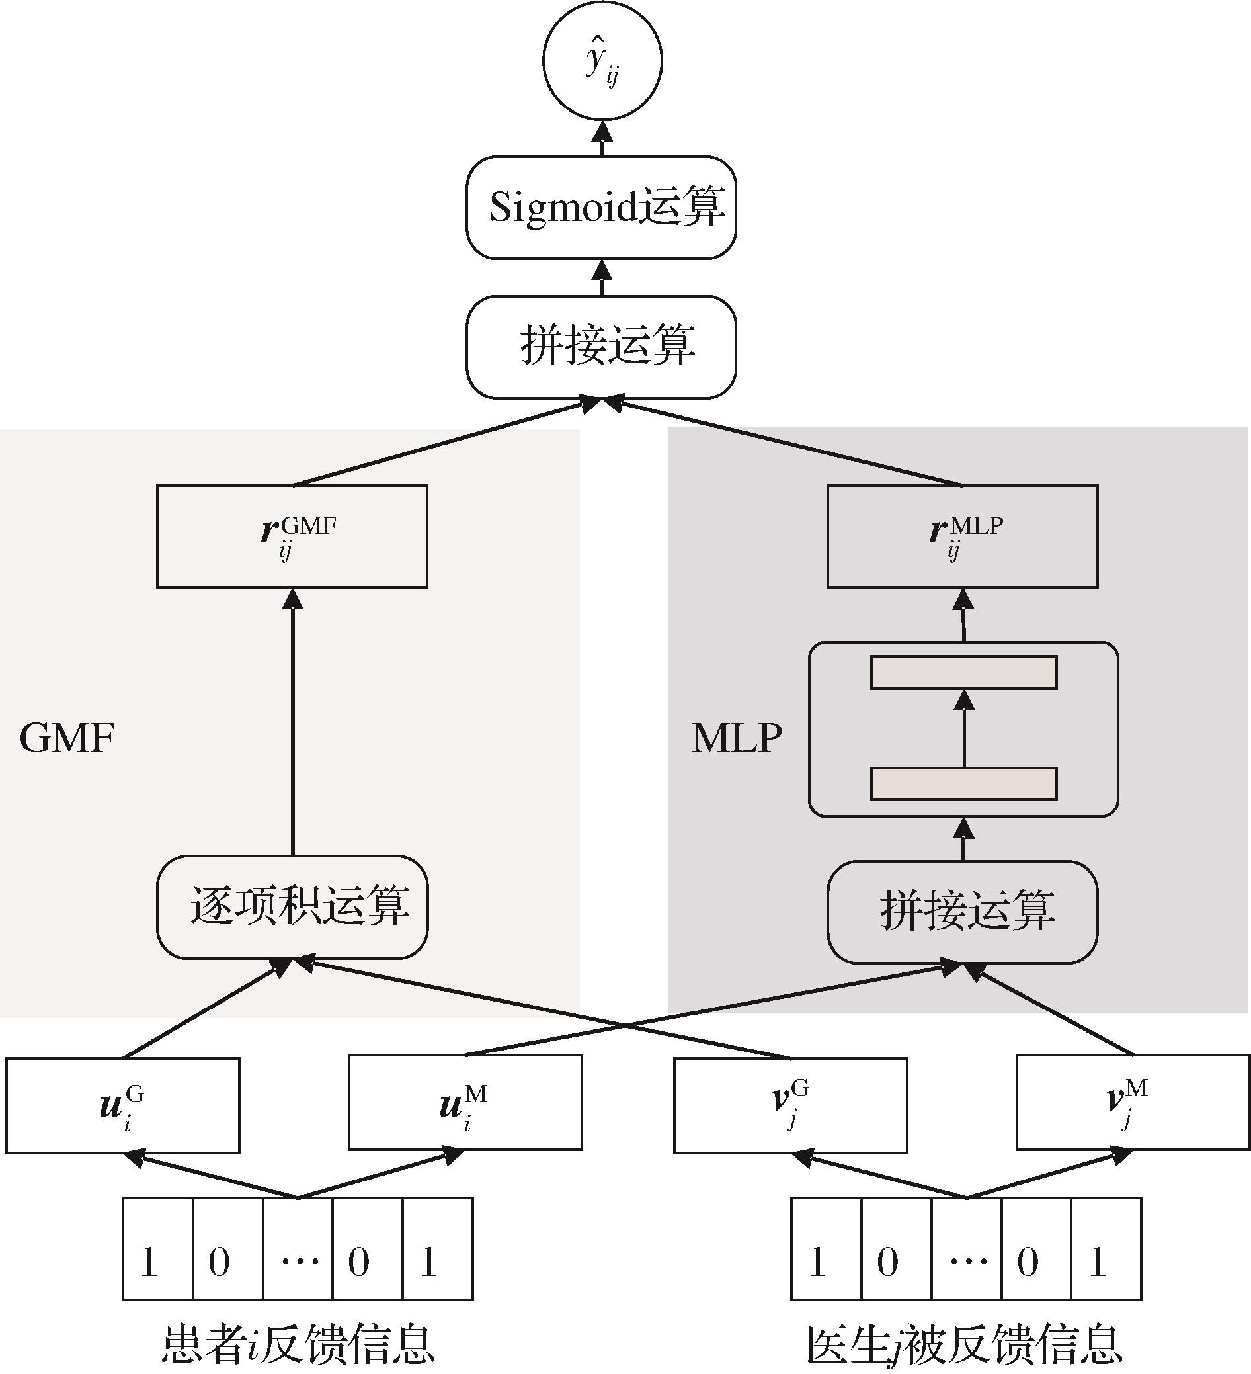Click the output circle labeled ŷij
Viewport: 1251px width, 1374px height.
pos(602,62)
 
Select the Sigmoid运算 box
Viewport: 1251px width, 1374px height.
pos(601,207)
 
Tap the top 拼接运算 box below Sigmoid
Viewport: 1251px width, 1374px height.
pos(601,346)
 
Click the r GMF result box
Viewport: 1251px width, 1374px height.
pos(292,536)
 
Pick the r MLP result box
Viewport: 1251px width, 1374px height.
pos(962,536)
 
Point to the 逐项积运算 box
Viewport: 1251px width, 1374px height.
pos(292,906)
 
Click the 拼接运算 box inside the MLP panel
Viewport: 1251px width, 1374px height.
pos(962,911)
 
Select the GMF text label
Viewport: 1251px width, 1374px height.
pos(67,738)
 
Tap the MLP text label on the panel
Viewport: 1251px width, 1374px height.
pos(737,738)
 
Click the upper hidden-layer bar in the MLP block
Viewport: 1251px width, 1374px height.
pos(963,672)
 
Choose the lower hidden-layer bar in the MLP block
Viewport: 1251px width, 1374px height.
pos(963,783)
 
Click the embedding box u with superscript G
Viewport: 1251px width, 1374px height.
pos(122,1105)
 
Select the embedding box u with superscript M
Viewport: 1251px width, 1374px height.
pos(465,1102)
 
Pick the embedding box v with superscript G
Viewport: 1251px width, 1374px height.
pos(790,1105)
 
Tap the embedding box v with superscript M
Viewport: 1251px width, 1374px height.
pos(1133,1102)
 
